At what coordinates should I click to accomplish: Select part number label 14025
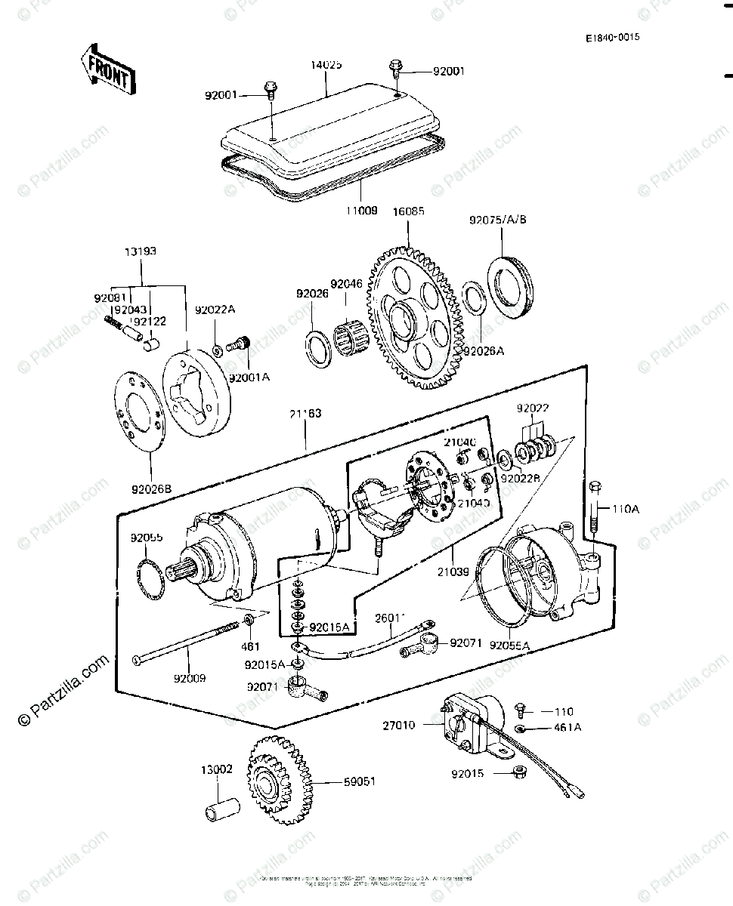(x=326, y=66)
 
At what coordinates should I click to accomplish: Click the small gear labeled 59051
(x=277, y=781)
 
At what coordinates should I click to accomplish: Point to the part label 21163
(x=305, y=414)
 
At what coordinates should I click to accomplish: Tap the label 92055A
(x=509, y=646)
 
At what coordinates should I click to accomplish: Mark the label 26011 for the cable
(x=390, y=618)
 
